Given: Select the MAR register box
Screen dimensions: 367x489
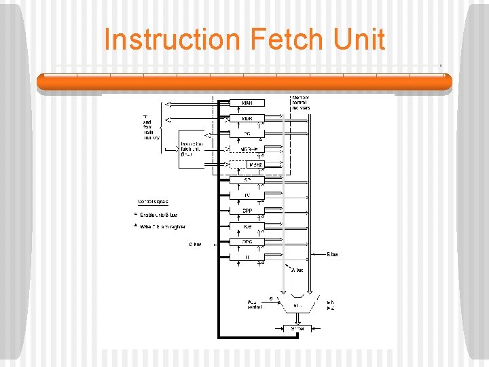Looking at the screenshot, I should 247,103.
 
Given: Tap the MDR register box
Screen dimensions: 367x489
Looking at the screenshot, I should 247,118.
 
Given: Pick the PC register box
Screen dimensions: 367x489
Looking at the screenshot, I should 247,134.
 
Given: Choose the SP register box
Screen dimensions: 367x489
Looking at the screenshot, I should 247,180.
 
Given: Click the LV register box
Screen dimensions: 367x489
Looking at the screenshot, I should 247,196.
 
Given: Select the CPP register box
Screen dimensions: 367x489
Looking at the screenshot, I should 247,211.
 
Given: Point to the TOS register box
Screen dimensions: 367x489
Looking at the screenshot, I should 247,226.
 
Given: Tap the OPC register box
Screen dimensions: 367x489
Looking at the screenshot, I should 247,241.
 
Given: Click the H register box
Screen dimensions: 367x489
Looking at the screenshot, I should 247,257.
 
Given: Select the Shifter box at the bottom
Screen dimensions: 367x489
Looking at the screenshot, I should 297,328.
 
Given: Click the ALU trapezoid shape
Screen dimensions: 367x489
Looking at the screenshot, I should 297,306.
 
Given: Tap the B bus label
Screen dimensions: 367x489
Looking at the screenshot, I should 332,255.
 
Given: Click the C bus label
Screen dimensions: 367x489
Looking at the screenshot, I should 196,244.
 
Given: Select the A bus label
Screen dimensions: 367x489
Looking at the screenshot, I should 297,270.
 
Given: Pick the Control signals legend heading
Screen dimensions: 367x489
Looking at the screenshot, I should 153,202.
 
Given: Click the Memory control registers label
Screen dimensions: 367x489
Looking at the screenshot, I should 300,103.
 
